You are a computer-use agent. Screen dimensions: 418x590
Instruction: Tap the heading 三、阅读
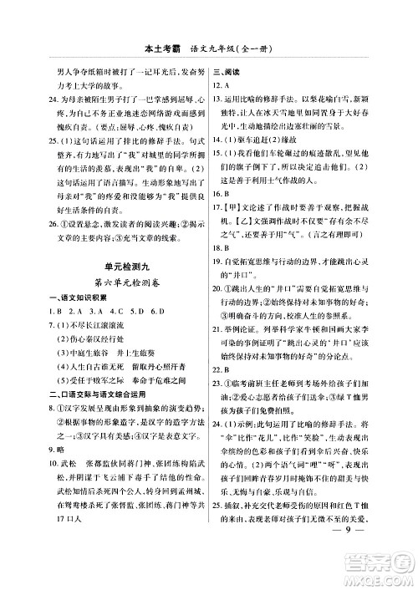coord(227,70)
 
